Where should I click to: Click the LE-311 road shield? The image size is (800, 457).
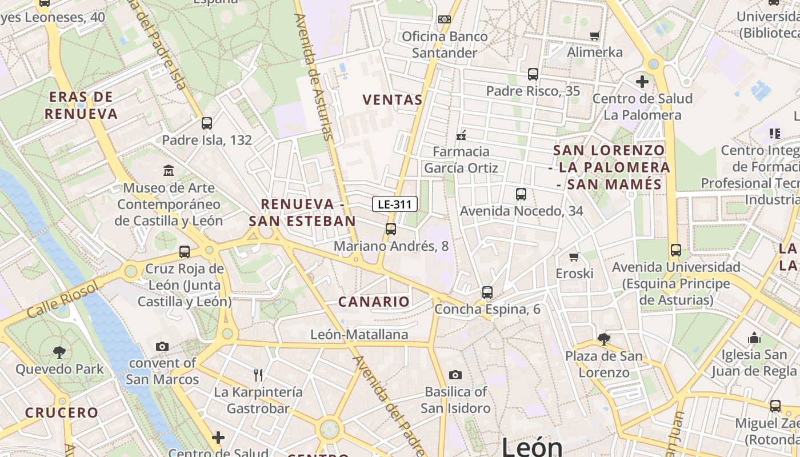395,204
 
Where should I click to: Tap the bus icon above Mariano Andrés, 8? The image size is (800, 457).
391,229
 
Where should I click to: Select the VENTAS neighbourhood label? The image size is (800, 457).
393,100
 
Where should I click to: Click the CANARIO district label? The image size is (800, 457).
374,302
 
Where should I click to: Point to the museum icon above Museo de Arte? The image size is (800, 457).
169,171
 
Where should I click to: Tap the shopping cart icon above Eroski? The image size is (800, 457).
574,257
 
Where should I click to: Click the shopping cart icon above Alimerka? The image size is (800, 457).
595,36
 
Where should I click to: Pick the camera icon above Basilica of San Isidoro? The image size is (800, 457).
455,375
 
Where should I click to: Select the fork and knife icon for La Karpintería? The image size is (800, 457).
258,375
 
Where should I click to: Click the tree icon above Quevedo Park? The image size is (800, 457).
59,352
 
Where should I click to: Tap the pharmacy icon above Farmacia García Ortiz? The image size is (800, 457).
461,135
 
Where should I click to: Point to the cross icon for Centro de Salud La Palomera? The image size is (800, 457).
642,82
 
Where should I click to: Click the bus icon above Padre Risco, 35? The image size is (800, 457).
533,74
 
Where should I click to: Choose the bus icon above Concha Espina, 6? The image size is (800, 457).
487,292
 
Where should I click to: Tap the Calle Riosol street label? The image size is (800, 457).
63,299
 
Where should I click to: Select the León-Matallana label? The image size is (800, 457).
359,335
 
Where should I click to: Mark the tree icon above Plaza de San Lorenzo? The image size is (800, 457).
604,339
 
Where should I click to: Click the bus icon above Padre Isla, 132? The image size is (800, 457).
207,123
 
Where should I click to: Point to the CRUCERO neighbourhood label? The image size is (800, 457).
62,412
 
